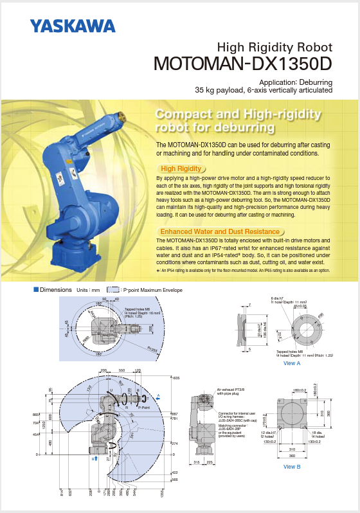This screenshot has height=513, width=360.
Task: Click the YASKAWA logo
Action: coord(72,26)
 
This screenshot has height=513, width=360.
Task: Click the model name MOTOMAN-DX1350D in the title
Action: coord(242,64)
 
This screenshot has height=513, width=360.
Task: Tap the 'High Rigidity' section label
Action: coord(181,168)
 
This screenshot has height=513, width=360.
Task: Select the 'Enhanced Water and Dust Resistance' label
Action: coord(219,231)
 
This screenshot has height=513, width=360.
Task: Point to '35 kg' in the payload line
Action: coord(206,91)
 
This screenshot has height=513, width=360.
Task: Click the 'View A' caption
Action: coord(292,364)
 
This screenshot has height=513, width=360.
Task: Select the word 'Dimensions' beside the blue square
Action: coord(55,290)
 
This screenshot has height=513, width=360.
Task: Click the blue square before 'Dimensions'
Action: coord(37,290)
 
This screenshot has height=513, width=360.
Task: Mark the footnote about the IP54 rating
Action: coord(254,271)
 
